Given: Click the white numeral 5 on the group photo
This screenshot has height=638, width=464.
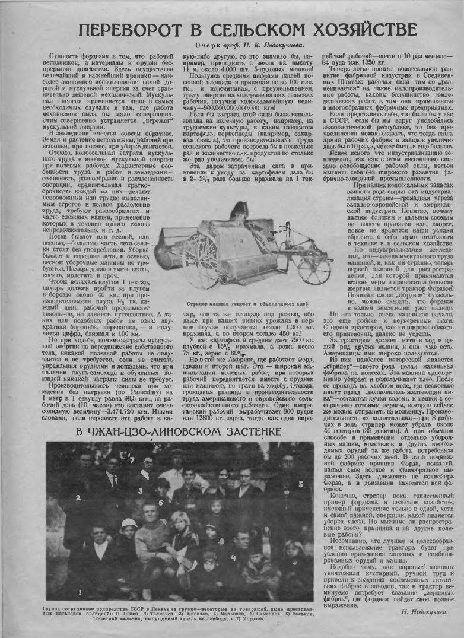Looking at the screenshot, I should (301, 484).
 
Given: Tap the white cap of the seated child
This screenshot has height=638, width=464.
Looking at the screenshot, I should (129, 523).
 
